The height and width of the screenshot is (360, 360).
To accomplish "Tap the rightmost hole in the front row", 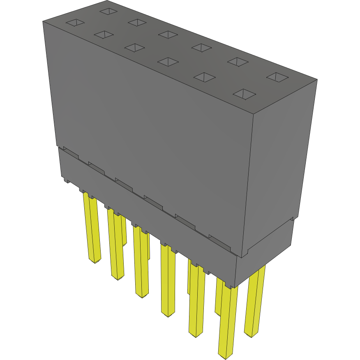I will [245, 95].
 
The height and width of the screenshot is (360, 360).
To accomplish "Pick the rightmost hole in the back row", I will [278, 77].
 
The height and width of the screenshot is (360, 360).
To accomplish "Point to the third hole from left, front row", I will [135, 48].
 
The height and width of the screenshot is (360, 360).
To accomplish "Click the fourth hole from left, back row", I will [201, 48].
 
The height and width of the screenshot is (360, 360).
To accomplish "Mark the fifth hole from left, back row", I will [238, 62].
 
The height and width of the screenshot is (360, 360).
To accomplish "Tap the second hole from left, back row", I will [137, 22].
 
